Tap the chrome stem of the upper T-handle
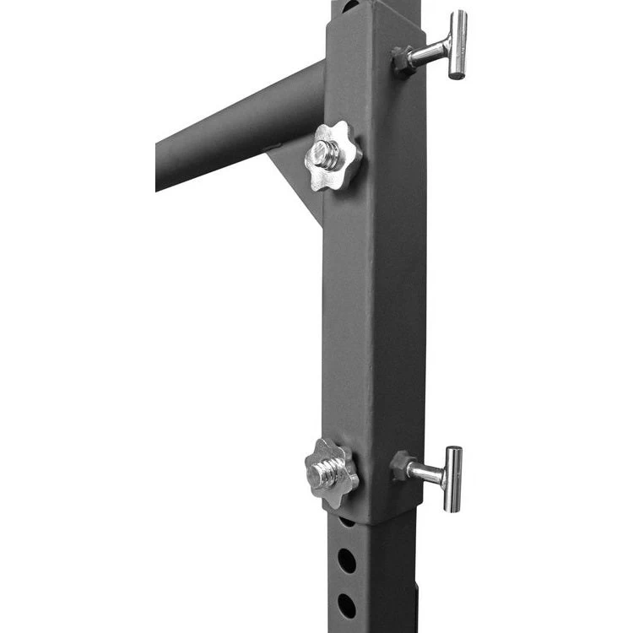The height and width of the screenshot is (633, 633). [x=430, y=54]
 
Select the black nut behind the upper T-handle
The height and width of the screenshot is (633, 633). [x=403, y=58]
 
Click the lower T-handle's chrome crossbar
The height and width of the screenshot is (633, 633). [x=453, y=479]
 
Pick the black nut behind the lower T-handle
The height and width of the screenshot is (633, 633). [x=400, y=464]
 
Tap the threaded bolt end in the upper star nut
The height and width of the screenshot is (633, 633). [x=327, y=154]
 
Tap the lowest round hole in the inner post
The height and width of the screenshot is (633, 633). [x=347, y=604]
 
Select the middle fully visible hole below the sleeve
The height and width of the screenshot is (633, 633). [x=347, y=560]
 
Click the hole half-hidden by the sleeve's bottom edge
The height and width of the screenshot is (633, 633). [x=347, y=522]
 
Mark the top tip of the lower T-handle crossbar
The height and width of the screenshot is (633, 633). [x=454, y=450]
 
